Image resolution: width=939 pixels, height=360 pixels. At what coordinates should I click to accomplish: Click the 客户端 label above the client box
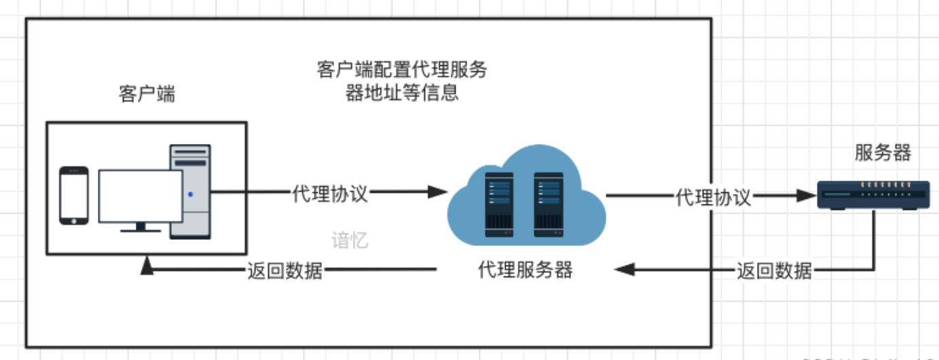tap(147, 94)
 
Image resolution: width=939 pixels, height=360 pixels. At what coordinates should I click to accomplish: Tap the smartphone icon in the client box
tap(73, 196)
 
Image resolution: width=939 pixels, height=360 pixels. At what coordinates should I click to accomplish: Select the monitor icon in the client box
tap(141, 198)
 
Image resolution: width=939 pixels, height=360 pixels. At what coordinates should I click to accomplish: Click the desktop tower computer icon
tap(190, 192)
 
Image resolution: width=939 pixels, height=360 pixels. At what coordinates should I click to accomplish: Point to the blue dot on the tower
tap(190, 194)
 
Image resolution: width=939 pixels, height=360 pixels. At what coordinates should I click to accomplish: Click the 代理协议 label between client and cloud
tap(330, 194)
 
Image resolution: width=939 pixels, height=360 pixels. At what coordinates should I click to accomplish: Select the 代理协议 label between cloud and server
tap(713, 198)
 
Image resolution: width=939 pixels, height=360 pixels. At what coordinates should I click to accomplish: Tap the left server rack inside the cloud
tap(499, 204)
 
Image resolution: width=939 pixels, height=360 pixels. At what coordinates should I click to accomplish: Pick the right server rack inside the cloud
tap(549, 204)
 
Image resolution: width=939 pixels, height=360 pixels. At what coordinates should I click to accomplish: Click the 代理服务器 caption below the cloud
tap(526, 270)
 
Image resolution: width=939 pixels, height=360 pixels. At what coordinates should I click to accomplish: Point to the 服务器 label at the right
tap(883, 153)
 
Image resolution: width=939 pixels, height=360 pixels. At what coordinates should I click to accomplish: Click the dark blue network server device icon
tap(872, 194)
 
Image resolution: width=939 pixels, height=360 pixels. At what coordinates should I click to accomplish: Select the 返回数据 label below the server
tap(775, 270)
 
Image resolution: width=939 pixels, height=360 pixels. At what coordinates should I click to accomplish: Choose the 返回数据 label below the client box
tap(284, 270)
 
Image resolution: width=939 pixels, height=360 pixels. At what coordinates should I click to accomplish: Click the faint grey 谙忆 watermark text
tap(350, 240)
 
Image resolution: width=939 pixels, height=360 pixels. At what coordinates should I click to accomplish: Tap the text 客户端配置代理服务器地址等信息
tap(402, 81)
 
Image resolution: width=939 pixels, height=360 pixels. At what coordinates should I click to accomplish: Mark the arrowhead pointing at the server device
tap(807, 198)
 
